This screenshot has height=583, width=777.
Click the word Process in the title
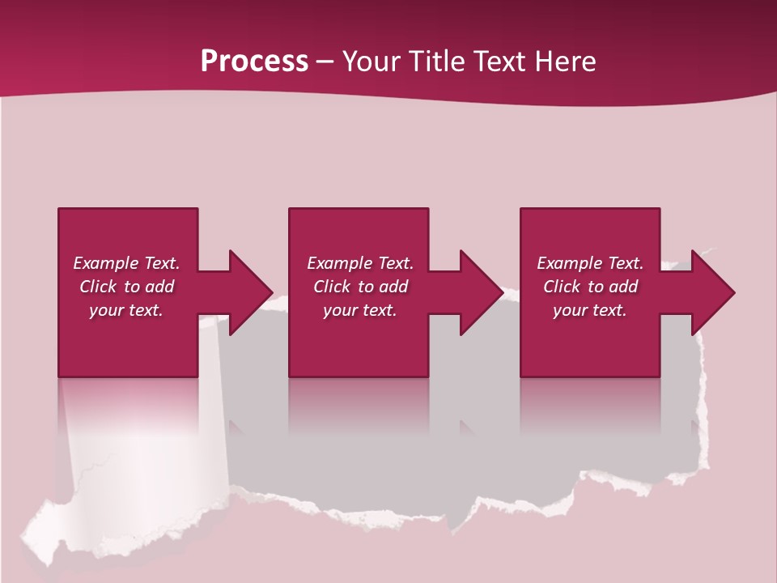pos(254,62)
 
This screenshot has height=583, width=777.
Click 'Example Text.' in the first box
pos(126,263)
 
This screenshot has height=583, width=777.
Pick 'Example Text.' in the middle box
pos(360,263)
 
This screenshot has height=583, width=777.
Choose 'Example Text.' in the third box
pos(590,263)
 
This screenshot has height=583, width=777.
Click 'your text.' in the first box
pos(126,310)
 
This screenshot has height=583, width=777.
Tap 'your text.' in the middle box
pos(360,310)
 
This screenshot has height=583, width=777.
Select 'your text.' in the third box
pos(590,310)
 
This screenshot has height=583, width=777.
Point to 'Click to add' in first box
pos(126,287)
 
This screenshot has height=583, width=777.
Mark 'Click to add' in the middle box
pos(360,287)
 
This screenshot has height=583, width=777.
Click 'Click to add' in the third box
pos(590,287)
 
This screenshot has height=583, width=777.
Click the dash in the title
pos(325,62)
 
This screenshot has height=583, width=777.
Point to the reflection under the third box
pos(590,405)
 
